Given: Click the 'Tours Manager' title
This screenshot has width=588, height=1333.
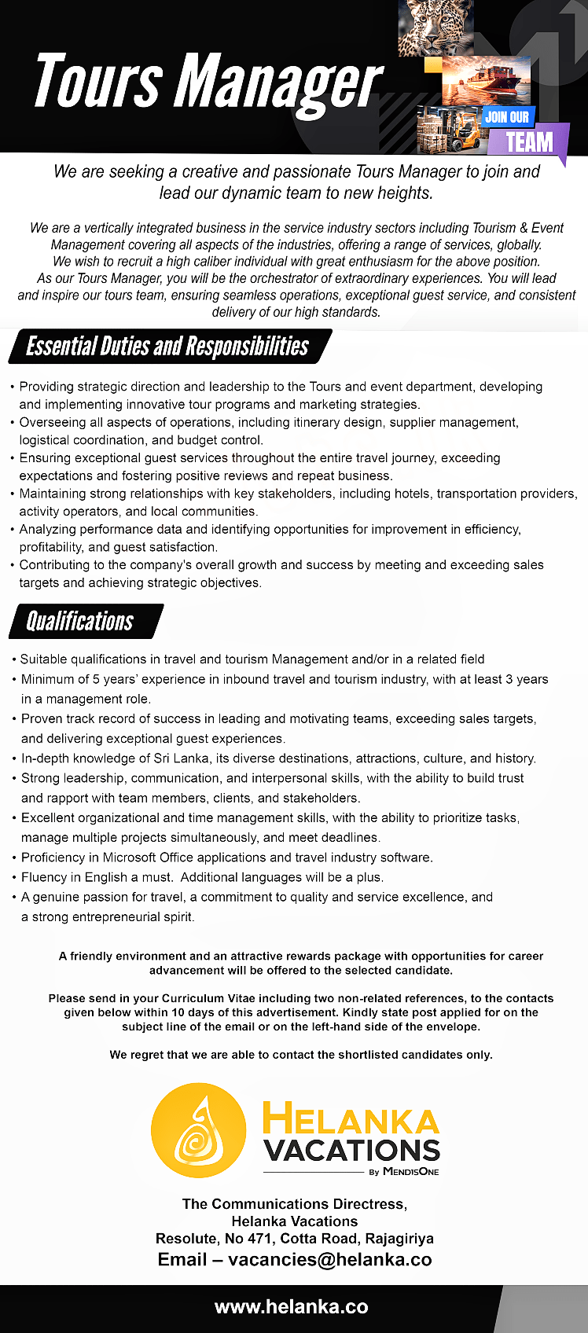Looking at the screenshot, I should (208, 83).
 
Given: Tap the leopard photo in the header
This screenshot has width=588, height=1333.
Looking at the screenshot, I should (435, 28).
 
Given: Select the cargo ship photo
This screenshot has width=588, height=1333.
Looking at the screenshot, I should (486, 80).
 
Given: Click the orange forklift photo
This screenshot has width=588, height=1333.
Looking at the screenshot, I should (450, 130).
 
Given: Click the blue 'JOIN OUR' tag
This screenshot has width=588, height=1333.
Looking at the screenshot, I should (507, 117).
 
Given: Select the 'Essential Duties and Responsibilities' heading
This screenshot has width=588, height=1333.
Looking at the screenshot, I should (167, 347).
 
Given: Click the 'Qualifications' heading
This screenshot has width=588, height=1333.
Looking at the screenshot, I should (80, 621).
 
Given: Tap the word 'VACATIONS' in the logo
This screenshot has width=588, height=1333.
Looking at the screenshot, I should (351, 1151).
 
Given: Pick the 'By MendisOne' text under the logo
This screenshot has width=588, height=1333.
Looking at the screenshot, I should (404, 1172).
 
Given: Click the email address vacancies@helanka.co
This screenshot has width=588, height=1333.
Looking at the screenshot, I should (329, 1259).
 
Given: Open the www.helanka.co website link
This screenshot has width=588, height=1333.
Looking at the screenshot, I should (291, 1307).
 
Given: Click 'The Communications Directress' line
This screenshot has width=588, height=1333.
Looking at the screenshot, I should (294, 1204).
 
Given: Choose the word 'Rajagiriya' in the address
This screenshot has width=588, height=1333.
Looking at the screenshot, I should (399, 1239).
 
